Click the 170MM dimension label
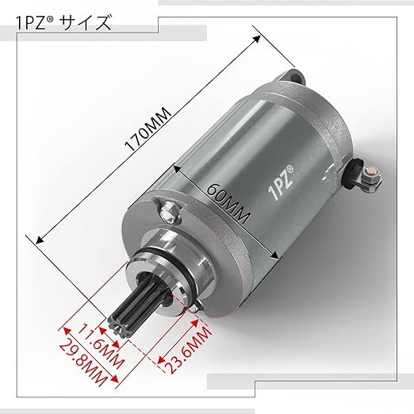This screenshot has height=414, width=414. tap(148, 129)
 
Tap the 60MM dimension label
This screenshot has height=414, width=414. tap(228, 203)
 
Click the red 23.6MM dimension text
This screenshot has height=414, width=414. tap(190, 350)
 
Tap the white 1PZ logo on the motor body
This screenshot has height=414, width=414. tap(281, 183)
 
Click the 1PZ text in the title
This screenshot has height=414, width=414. tap(33, 23)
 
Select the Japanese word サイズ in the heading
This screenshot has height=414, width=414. tap(86, 23)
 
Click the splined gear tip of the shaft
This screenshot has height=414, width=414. tap(121, 326)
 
